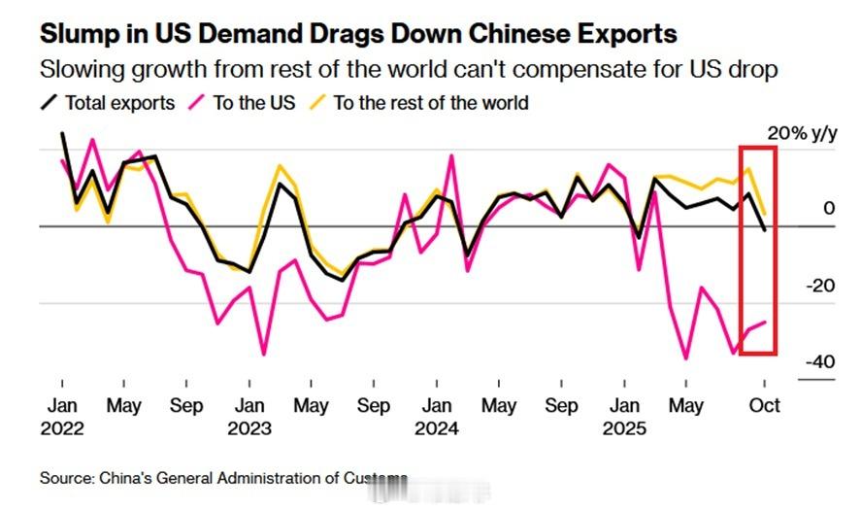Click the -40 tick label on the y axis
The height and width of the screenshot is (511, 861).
819,361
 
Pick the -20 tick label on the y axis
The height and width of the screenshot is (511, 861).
819,286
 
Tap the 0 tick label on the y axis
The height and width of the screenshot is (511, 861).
828,209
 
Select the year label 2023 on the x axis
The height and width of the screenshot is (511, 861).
249,427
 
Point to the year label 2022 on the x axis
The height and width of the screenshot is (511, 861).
62,427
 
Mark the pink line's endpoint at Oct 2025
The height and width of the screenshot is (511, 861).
765,322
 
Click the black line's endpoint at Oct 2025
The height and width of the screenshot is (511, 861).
765,230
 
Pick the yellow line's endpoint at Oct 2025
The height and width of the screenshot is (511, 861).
765,213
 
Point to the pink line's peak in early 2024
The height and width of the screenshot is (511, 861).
452,155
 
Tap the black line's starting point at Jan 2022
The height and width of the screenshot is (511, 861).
62,133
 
